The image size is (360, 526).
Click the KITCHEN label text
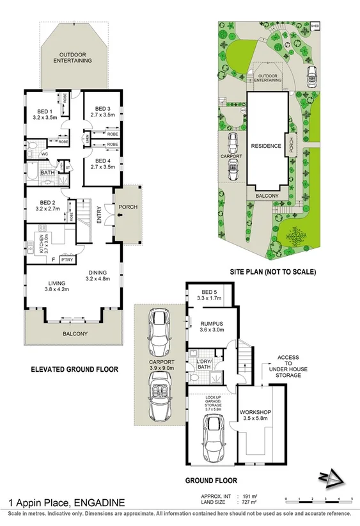point(40,244)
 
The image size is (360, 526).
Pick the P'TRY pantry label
point(68,260)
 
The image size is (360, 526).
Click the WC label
point(44,154)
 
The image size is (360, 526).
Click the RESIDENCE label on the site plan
point(266,146)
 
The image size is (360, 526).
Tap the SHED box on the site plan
point(315,26)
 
